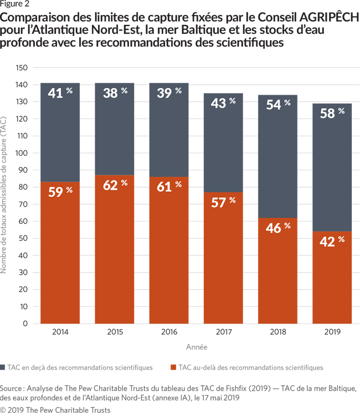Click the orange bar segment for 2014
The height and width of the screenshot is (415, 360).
click(x=60, y=253)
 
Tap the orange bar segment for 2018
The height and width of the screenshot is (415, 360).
click(x=277, y=271)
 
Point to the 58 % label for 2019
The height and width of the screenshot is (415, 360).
click(x=331, y=113)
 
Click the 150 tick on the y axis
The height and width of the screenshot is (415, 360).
click(x=22, y=68)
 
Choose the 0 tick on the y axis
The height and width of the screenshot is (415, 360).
click(x=25, y=324)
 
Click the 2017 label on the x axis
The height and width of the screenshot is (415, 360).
click(x=223, y=332)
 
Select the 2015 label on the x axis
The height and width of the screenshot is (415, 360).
click(x=115, y=332)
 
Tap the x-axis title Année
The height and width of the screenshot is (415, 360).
click(x=196, y=347)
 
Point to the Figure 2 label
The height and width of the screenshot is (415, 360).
click(x=15, y=5)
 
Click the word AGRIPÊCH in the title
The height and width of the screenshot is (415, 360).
click(x=327, y=18)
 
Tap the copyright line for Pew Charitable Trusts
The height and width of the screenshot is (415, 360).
click(x=55, y=409)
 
